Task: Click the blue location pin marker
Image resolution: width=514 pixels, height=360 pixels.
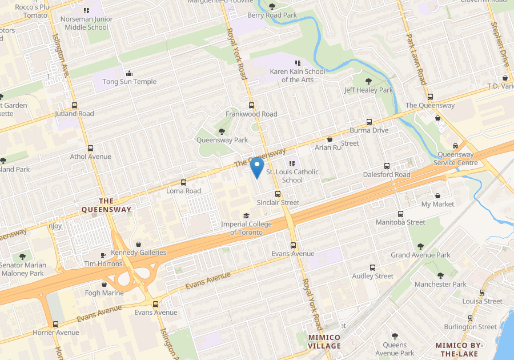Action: click(257, 168)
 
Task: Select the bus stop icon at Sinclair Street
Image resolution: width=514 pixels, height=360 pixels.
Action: click(278, 194)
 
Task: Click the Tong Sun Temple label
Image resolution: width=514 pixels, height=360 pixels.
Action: click(129, 82)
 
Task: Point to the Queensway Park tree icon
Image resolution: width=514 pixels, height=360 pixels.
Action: click(222, 131)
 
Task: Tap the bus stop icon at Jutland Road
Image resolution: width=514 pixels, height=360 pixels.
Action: click(74, 105)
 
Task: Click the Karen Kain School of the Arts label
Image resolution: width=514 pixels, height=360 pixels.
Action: click(297, 75)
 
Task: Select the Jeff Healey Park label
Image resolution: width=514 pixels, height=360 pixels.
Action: click(368, 90)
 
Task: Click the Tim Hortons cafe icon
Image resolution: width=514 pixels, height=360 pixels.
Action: click(103, 255)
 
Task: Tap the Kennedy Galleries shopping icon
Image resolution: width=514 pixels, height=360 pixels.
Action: click(139, 244)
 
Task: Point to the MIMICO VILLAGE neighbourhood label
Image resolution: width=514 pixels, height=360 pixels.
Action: click(324, 342)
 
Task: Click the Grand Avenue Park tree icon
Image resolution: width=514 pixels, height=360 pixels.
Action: click(420, 246)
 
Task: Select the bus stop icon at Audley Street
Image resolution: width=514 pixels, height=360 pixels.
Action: click(373, 267)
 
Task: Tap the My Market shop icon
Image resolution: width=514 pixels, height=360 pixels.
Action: click(437, 195)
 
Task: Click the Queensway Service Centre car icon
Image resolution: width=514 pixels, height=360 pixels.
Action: click(455, 146)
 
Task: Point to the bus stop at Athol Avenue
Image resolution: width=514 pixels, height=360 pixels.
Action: click(90, 148)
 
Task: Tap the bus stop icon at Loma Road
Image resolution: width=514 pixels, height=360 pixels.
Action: click(183, 182)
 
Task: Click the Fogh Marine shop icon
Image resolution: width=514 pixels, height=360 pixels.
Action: click(104, 285)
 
